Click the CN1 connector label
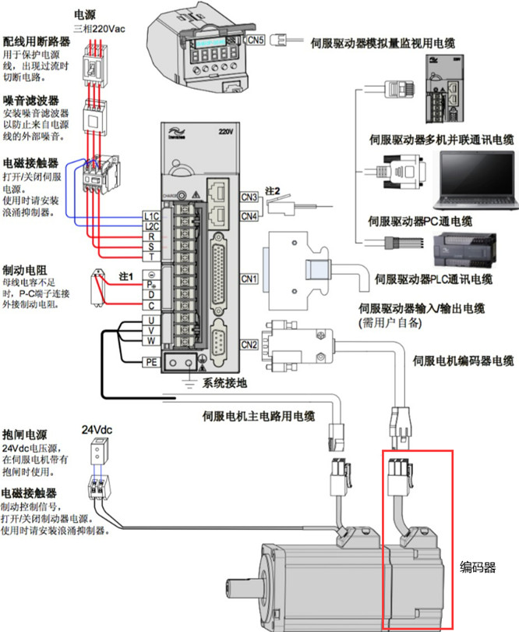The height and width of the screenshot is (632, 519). tap(249, 278)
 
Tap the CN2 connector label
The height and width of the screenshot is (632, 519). tap(249, 344)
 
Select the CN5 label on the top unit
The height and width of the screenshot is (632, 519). tap(256, 38)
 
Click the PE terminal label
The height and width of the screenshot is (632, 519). tap(151, 361)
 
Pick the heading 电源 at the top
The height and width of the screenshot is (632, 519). tap(86, 15)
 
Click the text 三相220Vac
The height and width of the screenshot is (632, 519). tap(99, 29)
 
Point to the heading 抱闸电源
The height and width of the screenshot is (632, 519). tap(22, 434)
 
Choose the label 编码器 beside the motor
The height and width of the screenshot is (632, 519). tap(477, 567)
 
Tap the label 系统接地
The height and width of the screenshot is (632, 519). tap(224, 382)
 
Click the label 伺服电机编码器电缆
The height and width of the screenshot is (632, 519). tap(463, 360)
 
